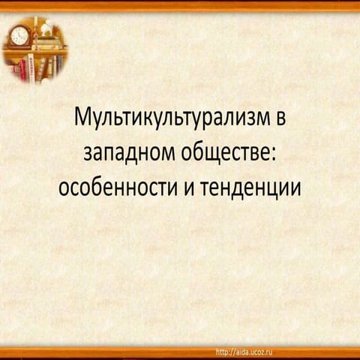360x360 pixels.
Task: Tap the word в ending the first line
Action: pos(280,118)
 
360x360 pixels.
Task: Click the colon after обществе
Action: pos(274,154)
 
